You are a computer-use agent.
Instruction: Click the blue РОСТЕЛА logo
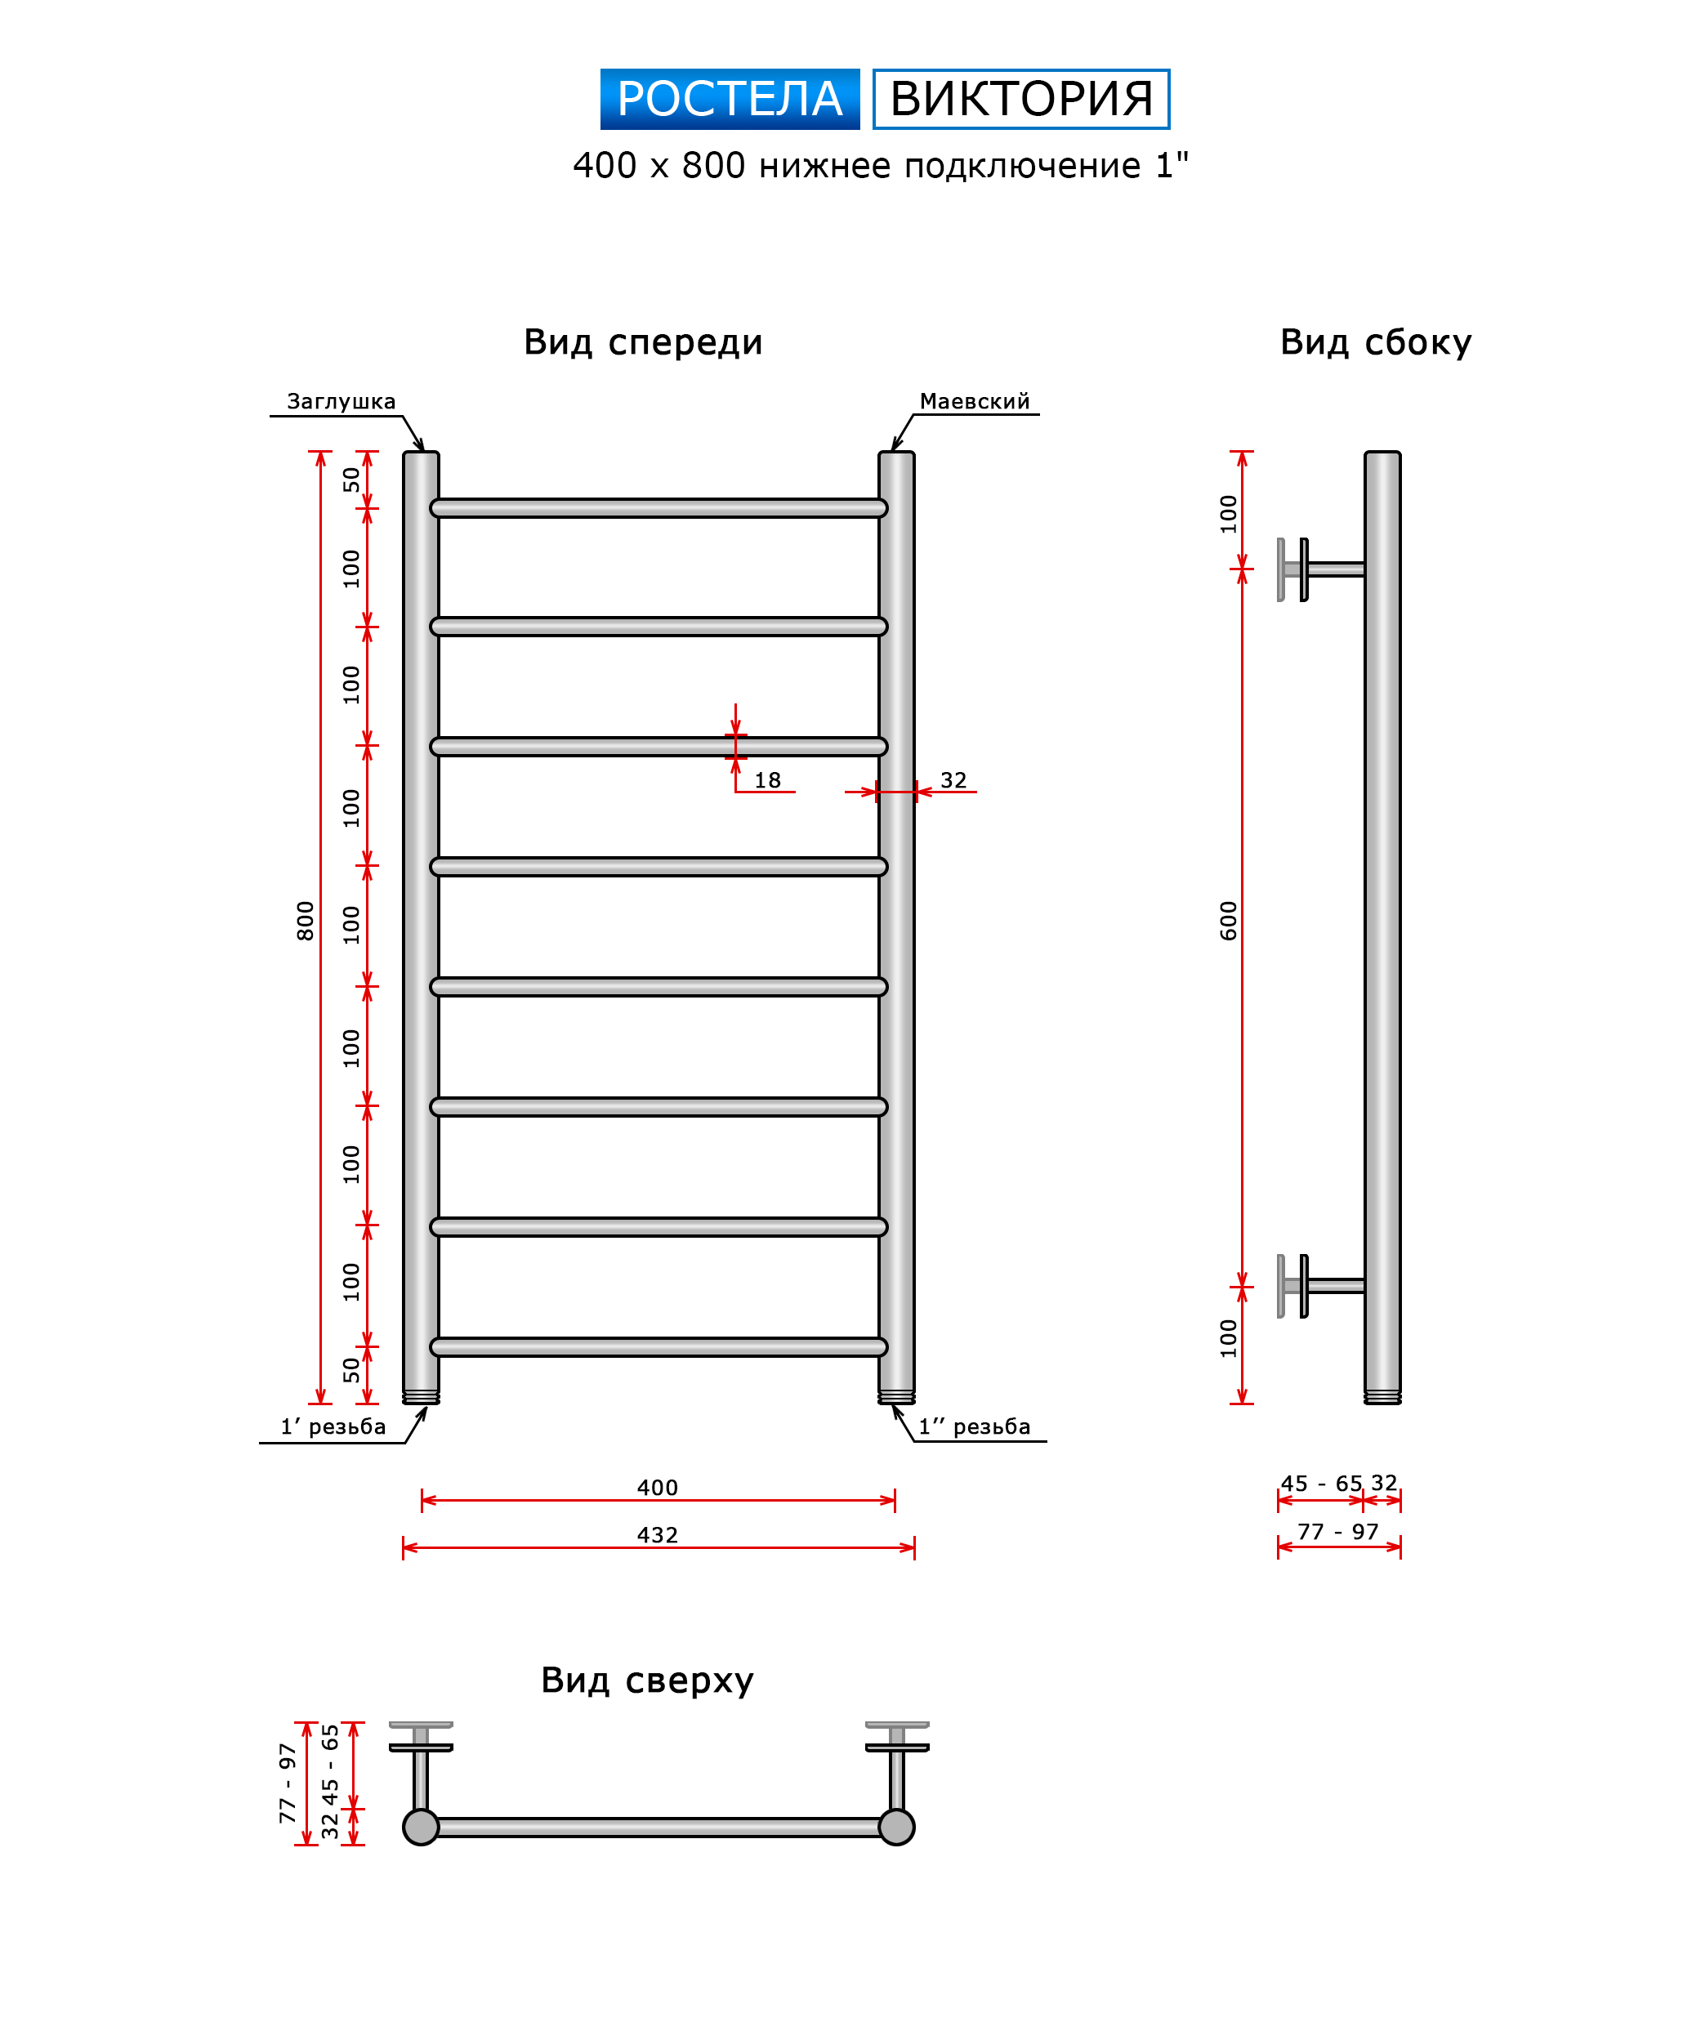click(x=730, y=99)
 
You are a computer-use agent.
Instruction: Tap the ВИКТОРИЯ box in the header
click(x=1020, y=99)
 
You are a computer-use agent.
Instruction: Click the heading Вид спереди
click(x=643, y=342)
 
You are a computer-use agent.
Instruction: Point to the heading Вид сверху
click(x=647, y=1680)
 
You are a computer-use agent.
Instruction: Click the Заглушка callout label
click(x=341, y=401)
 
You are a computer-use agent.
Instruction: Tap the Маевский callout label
click(x=974, y=401)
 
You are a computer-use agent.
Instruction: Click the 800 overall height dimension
click(x=306, y=920)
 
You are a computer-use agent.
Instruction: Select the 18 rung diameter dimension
click(x=767, y=780)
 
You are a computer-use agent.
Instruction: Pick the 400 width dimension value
click(x=658, y=1488)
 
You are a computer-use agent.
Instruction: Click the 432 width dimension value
click(x=658, y=1535)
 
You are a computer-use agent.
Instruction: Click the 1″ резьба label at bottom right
click(x=974, y=1426)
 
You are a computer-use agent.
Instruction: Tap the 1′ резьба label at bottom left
click(x=333, y=1426)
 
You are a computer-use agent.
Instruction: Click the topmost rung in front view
click(x=658, y=509)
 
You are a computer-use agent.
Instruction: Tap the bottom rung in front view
click(x=658, y=1346)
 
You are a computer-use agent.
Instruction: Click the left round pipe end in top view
click(x=421, y=1827)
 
